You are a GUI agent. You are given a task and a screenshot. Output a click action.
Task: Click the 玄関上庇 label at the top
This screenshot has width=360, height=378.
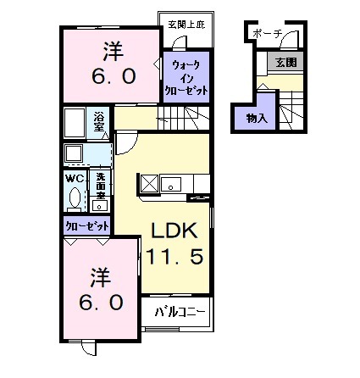tap(185, 23)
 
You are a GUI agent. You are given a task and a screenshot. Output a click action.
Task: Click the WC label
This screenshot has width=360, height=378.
tap(75, 179)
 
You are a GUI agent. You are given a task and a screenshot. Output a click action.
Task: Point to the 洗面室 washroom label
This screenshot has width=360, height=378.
tap(99, 184)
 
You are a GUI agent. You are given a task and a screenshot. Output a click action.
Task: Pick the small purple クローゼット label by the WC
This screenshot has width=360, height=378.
tap(87, 226)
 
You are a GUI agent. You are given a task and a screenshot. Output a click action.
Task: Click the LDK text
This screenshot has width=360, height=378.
tap(174, 231)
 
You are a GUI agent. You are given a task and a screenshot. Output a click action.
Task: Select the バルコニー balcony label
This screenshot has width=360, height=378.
tap(180, 312)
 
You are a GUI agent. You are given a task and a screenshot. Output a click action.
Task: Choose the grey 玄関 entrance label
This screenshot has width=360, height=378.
tap(286, 62)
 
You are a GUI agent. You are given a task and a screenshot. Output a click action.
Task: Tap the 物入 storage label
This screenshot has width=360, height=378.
tap(257, 118)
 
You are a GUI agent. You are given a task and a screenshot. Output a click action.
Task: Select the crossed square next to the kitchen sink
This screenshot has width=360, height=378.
tap(149, 182)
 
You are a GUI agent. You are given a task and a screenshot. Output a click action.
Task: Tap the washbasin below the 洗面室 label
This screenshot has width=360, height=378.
tap(100, 205)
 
